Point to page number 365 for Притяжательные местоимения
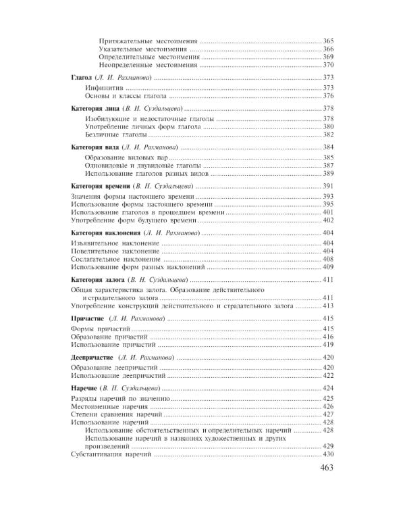coord(328,42)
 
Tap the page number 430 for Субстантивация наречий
coord(328,455)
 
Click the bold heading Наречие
coord(83,388)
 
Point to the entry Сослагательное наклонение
coord(115,260)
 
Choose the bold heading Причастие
coord(87,318)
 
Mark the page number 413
coord(328,306)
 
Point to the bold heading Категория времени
coord(101,186)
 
